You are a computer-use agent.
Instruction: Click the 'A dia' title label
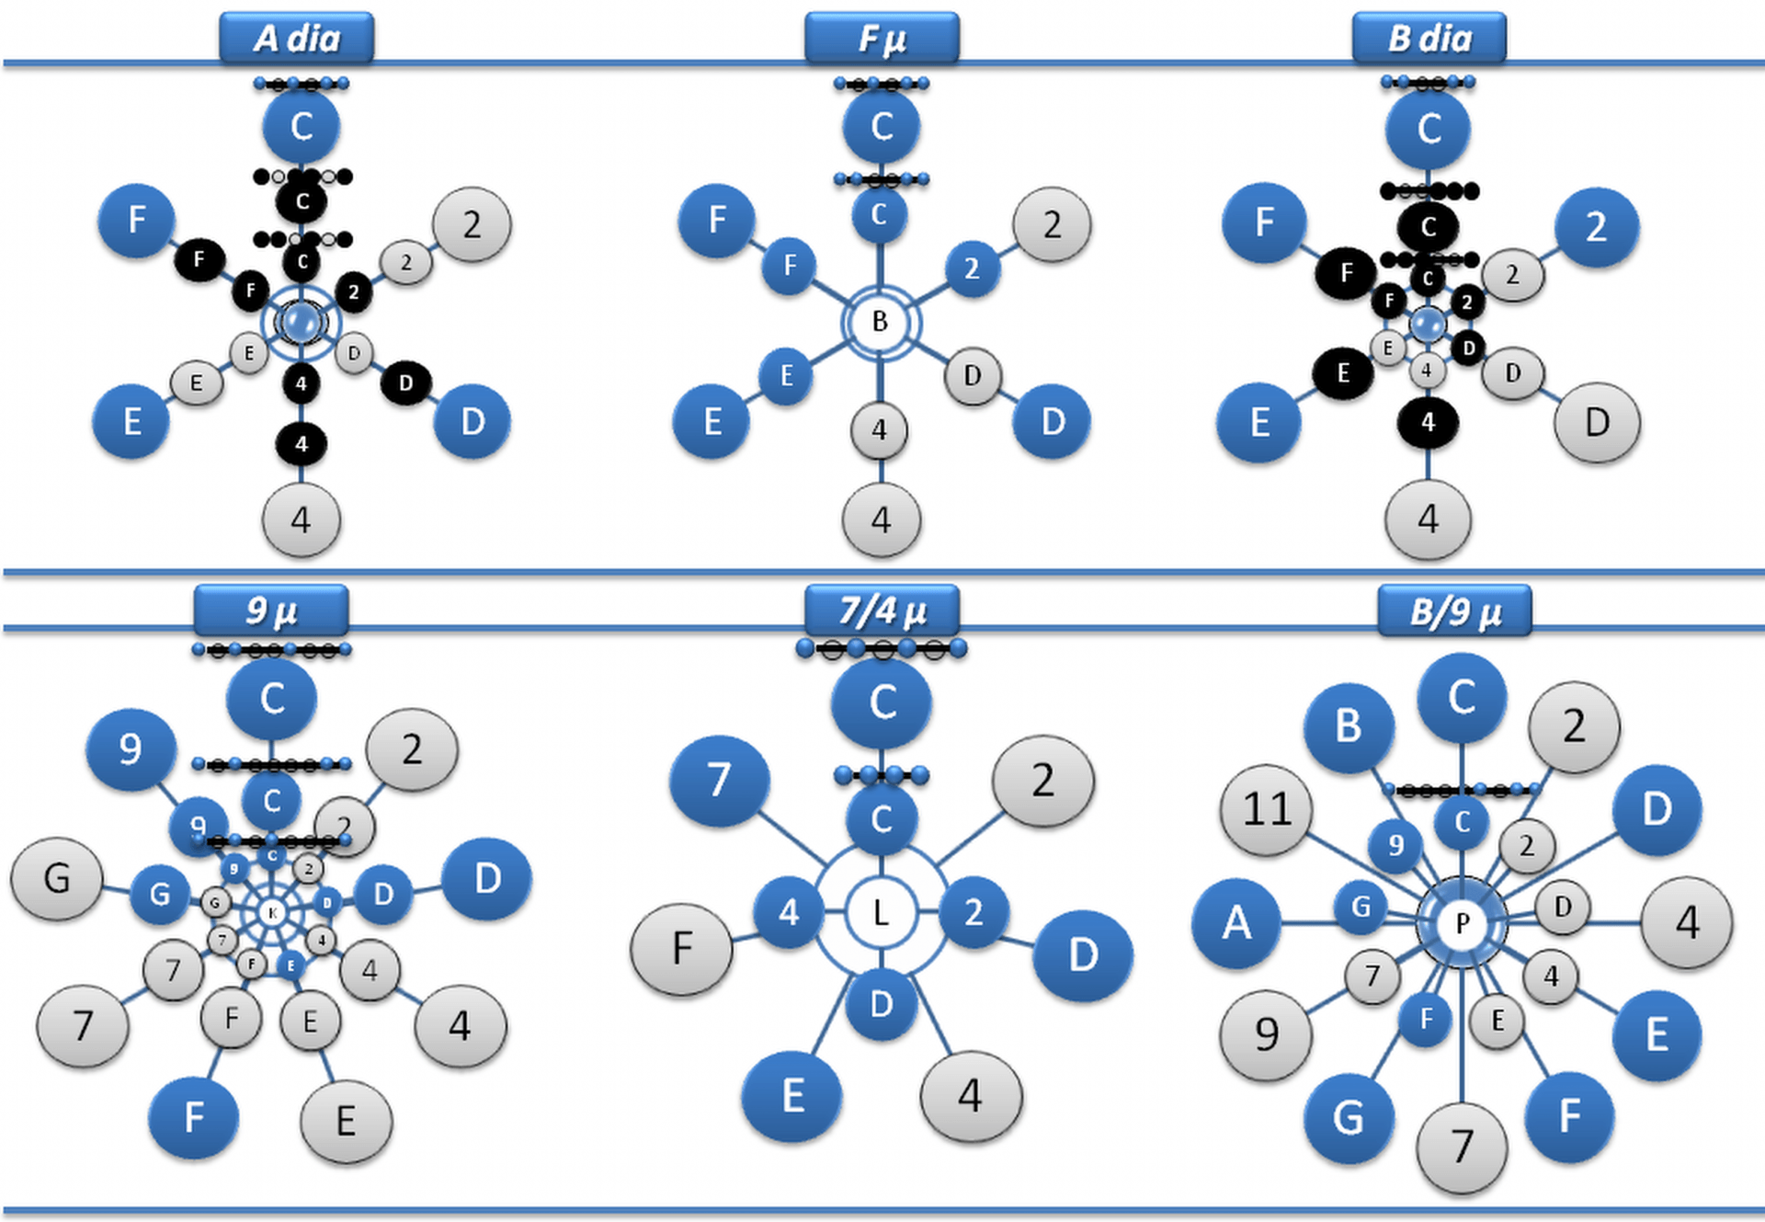click(x=296, y=39)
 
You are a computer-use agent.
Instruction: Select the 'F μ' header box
click(x=882, y=39)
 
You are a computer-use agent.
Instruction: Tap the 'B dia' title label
click(x=1429, y=39)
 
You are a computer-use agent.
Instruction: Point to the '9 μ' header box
click(x=271, y=611)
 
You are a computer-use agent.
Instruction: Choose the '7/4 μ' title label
click(x=882, y=611)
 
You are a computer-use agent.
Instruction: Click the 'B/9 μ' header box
click(x=1454, y=611)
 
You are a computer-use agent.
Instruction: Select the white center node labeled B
click(x=880, y=322)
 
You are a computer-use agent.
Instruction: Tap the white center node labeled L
click(x=881, y=913)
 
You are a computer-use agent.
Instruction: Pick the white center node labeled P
click(x=1462, y=922)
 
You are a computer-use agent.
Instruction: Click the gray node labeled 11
click(x=1267, y=810)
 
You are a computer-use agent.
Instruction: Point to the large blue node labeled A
click(x=1236, y=922)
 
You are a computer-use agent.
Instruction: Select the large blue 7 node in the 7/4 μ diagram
click(x=719, y=781)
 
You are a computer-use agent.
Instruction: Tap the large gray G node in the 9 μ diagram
click(x=57, y=879)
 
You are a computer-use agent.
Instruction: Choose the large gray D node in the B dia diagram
click(x=1597, y=423)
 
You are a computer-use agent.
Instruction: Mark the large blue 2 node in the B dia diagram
click(x=1596, y=227)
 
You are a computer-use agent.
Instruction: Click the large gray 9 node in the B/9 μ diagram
click(x=1266, y=1035)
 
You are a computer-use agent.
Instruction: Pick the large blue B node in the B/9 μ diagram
click(x=1348, y=726)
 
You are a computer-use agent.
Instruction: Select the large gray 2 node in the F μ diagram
click(x=1052, y=225)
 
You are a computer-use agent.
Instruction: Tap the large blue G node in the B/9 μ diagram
click(x=1348, y=1118)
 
